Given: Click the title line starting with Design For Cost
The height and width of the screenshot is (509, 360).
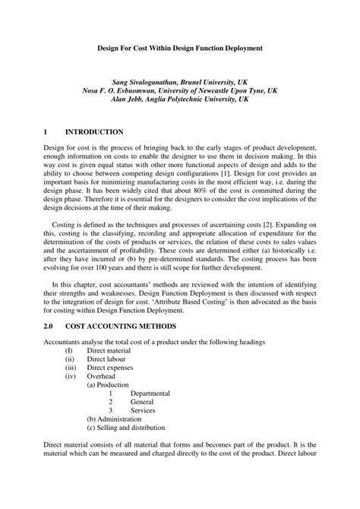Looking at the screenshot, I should (180, 48).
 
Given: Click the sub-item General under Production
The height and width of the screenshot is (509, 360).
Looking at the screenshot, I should (142, 402).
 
